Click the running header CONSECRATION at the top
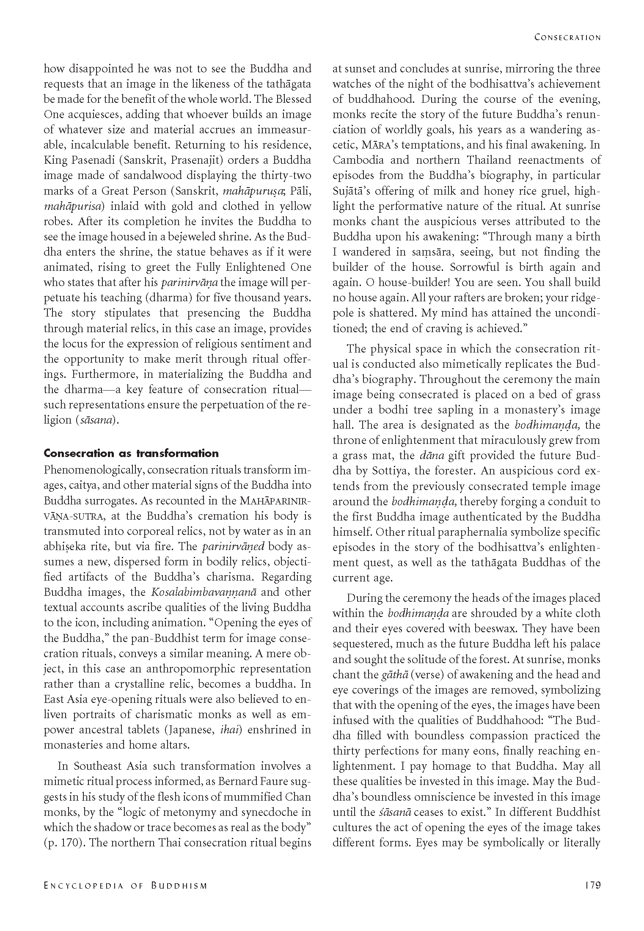[567, 37]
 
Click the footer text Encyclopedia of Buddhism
[126, 885]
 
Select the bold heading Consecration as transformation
[131, 453]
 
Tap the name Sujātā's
[355, 191]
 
